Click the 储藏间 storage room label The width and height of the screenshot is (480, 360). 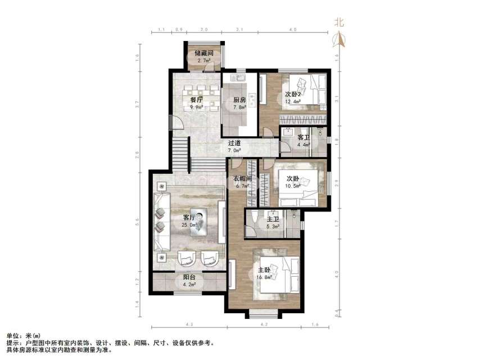coord(203,53)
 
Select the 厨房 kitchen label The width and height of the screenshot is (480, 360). coord(240,100)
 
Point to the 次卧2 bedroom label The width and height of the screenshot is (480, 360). coord(292,94)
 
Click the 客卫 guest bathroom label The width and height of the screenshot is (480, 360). coord(303,137)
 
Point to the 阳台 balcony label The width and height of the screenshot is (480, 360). coord(189,277)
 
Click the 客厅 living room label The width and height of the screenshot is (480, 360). coord(189,217)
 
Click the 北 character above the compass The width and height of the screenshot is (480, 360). coord(339,22)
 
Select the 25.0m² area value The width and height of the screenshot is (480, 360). coord(189,225)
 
